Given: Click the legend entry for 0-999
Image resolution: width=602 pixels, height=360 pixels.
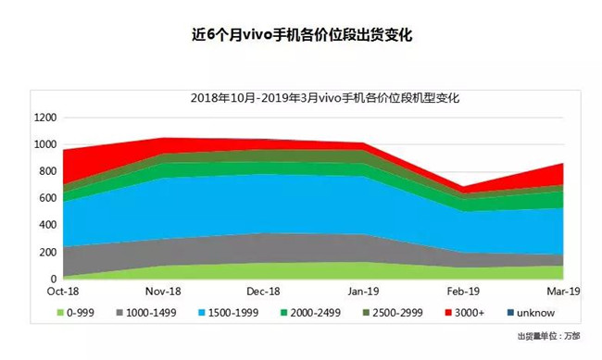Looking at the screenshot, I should click(80, 314).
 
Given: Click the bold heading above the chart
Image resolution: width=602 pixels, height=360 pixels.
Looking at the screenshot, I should click(300, 36).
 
